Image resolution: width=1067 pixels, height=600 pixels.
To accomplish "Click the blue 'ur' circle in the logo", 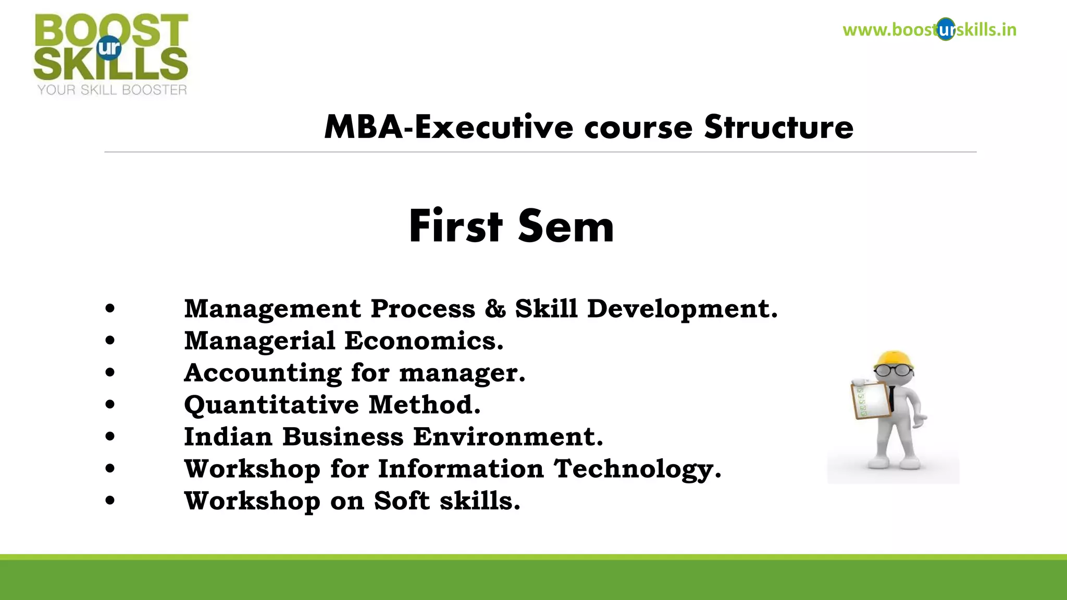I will pyautogui.click(x=109, y=48).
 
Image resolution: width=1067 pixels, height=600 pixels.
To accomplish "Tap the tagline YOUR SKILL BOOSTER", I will pyautogui.click(x=112, y=90).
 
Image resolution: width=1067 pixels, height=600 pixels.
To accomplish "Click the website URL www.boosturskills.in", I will pyautogui.click(x=929, y=30).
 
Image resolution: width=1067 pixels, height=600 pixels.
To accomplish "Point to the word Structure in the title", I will pyautogui.click(x=779, y=127).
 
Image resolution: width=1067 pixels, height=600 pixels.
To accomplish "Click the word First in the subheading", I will pyautogui.click(x=456, y=227).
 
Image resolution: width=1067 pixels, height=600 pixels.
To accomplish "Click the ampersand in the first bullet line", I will pyautogui.click(x=495, y=309).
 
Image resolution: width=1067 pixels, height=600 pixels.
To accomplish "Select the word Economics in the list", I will pyautogui.click(x=424, y=341).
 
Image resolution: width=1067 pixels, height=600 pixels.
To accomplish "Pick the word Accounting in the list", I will pyautogui.click(x=263, y=373).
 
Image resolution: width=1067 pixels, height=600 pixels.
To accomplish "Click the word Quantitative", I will pyautogui.click(x=271, y=405).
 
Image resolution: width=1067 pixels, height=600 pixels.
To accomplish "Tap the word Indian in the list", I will pyautogui.click(x=228, y=437).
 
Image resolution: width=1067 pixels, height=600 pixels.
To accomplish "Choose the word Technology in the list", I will pyautogui.click(x=637, y=469).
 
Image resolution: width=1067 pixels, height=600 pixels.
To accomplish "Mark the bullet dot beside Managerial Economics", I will pyautogui.click(x=110, y=341).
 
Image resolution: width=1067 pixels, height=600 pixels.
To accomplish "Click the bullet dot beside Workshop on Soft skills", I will pyautogui.click(x=110, y=501).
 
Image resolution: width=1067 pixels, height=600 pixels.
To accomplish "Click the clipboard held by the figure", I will pyautogui.click(x=871, y=401).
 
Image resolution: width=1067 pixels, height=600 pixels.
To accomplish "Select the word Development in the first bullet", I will pyautogui.click(x=682, y=309).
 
